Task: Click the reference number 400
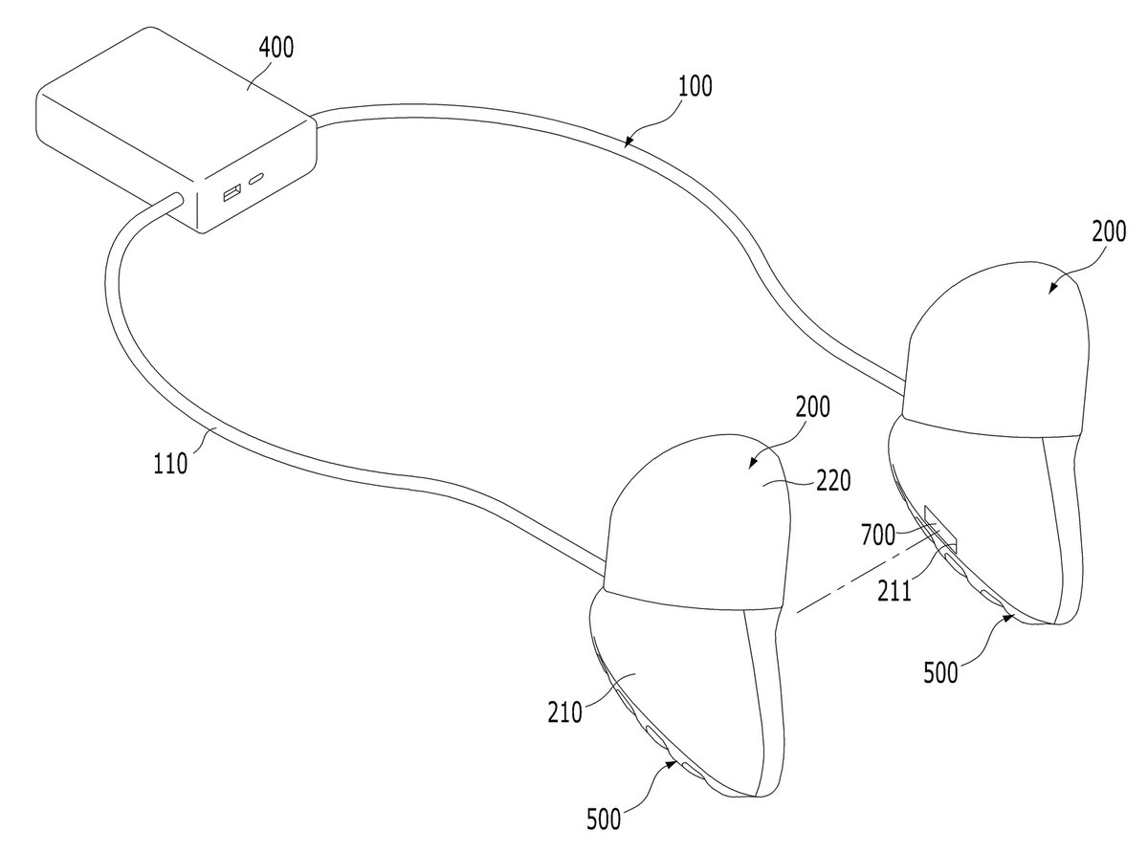click(276, 47)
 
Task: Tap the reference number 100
click(695, 86)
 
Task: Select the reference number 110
click(170, 464)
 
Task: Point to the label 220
click(833, 481)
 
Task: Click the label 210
click(565, 712)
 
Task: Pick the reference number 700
click(878, 535)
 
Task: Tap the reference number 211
click(894, 591)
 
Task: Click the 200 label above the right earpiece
click(1109, 231)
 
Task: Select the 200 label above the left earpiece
click(813, 407)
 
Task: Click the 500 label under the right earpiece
click(941, 672)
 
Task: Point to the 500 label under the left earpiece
click(604, 820)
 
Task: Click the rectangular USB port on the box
click(232, 192)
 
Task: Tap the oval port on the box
click(256, 179)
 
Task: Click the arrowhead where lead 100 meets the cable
click(629, 142)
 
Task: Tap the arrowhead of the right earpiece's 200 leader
click(1052, 289)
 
